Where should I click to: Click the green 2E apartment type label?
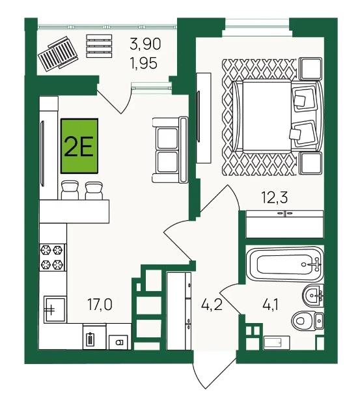tap(79, 146)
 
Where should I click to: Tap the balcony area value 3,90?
tap(145, 44)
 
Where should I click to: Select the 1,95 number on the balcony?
tap(144, 63)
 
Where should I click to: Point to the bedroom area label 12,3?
tap(275, 197)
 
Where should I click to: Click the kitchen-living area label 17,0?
tap(100, 304)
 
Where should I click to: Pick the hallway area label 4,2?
tap(212, 304)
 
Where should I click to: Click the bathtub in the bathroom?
tap(285, 264)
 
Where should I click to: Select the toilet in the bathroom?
tap(308, 321)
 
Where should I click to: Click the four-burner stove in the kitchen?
tap(53, 257)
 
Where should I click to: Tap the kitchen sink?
tap(55, 309)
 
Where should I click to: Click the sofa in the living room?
tap(170, 149)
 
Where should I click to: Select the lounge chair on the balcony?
tap(58, 53)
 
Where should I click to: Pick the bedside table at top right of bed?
tap(311, 68)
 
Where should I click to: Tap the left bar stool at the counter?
tap(70, 191)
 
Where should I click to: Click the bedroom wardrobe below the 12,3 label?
tap(284, 224)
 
